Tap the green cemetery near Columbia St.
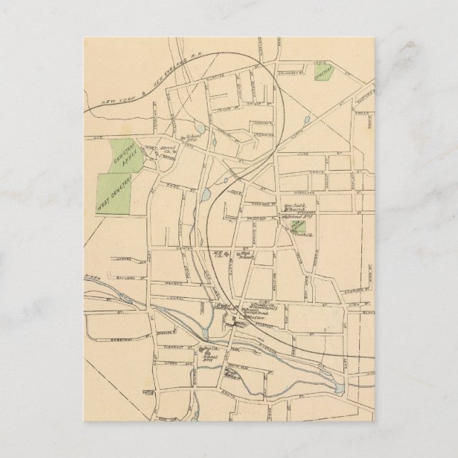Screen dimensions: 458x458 click(324, 73)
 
